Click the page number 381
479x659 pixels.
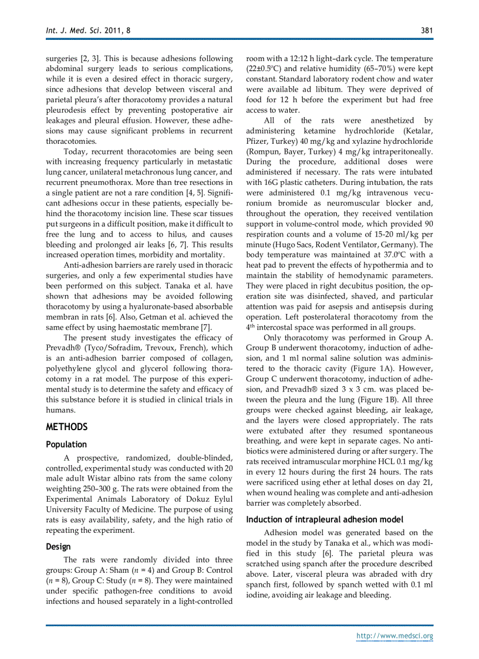point(427,31)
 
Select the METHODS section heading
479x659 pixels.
point(66,427)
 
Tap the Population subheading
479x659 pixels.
point(66,444)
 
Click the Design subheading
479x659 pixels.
point(58,546)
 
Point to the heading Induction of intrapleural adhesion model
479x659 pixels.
point(325,519)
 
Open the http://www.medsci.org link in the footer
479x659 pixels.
point(395,636)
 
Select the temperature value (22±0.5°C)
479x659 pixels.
point(267,69)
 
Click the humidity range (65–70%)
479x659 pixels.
point(379,69)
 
